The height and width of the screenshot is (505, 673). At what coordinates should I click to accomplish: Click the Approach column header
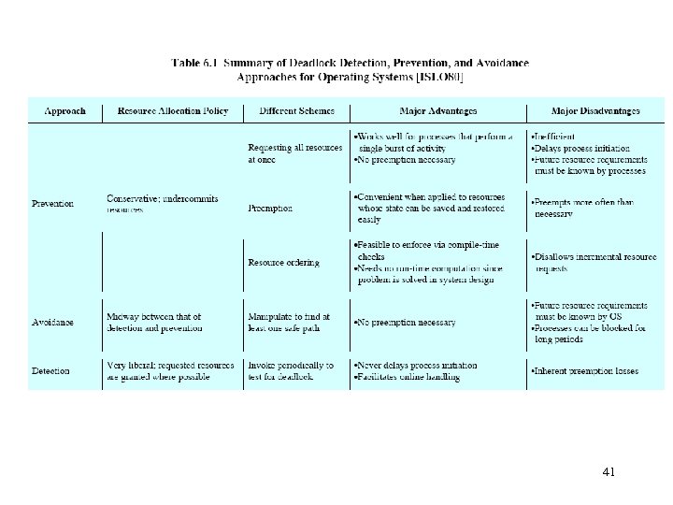pos(65,111)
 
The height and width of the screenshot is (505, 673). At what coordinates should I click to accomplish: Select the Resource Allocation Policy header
pos(173,111)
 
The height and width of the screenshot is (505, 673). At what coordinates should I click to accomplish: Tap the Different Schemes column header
pos(296,111)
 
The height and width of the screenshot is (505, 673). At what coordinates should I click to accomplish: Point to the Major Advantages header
pos(438,111)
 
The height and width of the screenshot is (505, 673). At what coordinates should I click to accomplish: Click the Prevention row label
pos(53,203)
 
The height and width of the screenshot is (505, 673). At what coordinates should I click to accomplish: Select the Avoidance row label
pos(52,323)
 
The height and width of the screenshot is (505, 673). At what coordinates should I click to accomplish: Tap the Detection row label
pos(50,371)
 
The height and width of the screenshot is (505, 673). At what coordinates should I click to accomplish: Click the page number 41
pos(609,472)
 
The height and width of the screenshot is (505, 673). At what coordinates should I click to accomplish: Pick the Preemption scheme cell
pos(270,209)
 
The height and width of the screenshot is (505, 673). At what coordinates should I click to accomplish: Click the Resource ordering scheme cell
pos(283,263)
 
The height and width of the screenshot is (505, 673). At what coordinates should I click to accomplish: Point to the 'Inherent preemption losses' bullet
pos(585,371)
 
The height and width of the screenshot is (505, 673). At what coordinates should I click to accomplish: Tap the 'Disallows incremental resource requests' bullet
pos(589,263)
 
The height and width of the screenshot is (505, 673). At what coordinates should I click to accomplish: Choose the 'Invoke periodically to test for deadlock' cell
pos(291,371)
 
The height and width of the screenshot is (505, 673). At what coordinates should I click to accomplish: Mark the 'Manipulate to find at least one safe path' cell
pos(290,323)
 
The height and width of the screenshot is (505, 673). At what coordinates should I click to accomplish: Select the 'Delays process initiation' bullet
pos(580,148)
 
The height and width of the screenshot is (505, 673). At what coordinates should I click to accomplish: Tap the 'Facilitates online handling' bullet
pos(408,377)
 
